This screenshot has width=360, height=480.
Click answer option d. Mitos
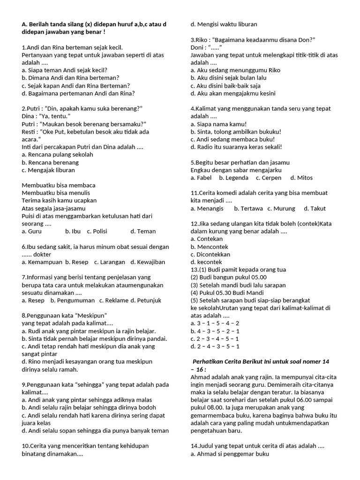coord(301,178)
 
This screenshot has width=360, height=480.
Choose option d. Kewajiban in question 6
coord(148,262)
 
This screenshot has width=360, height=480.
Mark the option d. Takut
coord(315,208)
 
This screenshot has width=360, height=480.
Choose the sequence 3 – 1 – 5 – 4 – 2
coord(215,323)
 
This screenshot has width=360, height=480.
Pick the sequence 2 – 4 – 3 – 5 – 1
coord(215,346)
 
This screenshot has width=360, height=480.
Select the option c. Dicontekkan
coord(210,254)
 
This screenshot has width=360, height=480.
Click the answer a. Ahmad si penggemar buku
coord(230,454)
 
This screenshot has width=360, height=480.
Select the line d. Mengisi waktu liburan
coord(224,24)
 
